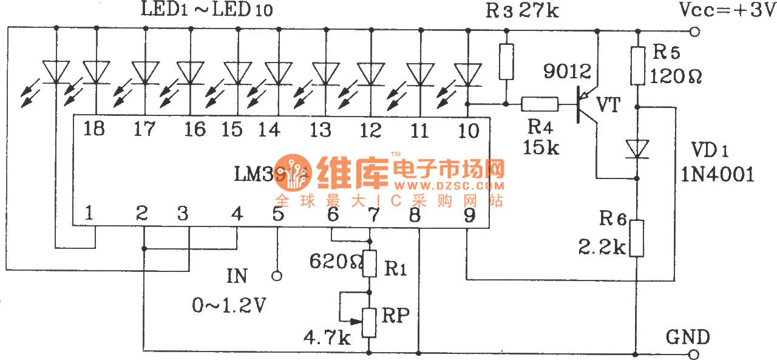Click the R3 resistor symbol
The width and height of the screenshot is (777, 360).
(506, 61)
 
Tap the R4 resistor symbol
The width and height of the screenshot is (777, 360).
(540, 104)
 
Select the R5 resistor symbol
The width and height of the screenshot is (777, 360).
(637, 66)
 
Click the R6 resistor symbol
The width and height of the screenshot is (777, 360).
(637, 239)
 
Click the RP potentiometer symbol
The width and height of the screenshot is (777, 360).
(369, 322)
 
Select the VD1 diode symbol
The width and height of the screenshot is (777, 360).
(637, 148)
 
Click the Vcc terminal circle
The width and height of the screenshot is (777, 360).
(694, 32)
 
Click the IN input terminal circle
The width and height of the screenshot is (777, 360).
(277, 276)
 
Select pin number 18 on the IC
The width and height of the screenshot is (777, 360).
(95, 129)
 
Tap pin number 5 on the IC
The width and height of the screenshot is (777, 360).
(277, 213)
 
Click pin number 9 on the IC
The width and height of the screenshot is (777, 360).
(469, 213)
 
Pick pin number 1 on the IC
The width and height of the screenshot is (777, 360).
(89, 213)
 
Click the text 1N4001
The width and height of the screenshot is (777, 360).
(718, 175)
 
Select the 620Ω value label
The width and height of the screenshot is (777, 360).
(333, 262)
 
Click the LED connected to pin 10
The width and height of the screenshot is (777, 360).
(467, 75)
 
